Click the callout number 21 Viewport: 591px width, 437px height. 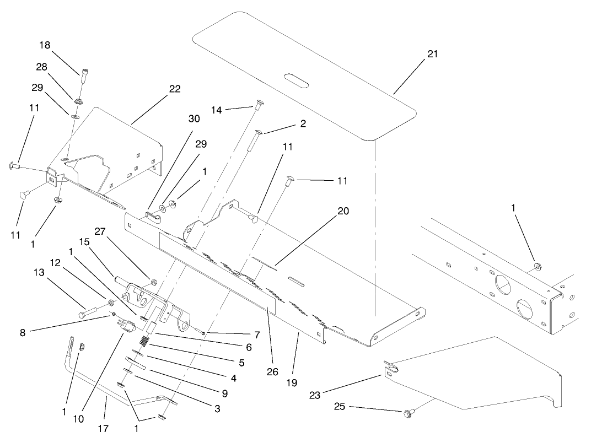(433, 53)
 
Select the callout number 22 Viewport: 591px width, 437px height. (175, 89)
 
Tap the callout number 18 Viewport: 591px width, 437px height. (45, 45)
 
